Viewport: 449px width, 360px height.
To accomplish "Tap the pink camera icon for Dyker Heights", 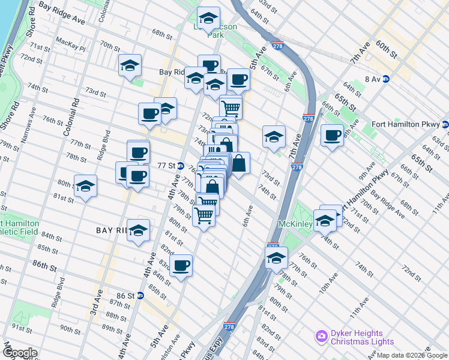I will pos(321,334).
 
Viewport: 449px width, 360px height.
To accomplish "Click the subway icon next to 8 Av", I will pos(386,79).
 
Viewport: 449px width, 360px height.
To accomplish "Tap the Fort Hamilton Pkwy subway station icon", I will pos(445,125).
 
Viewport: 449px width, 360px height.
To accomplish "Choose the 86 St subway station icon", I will pos(140,295).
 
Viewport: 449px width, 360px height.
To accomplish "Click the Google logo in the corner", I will pos(20,353).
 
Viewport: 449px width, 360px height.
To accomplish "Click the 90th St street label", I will pos(70,330).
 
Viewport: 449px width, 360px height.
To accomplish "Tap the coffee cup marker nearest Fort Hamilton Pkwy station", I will pos(332,135).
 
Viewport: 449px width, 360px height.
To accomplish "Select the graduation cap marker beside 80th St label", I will pos(86,185).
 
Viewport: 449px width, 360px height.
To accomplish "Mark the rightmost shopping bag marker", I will pos(239,163).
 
